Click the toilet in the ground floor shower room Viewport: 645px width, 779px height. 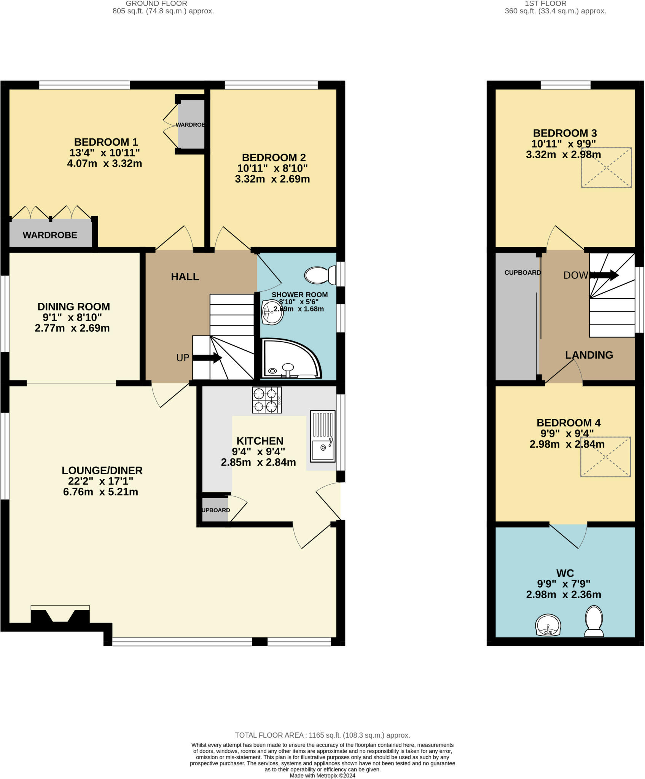(x=320, y=275)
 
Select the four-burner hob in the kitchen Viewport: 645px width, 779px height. (x=266, y=400)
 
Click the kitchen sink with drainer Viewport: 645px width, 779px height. (x=323, y=436)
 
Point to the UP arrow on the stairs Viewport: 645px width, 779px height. (x=207, y=358)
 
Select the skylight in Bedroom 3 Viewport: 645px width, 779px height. (x=606, y=168)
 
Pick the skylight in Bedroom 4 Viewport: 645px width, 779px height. (x=605, y=457)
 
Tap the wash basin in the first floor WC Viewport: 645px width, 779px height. (x=548, y=625)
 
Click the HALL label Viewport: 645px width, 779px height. (x=185, y=277)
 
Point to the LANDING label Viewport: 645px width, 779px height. (x=589, y=355)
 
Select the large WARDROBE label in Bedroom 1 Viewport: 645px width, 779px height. (x=50, y=235)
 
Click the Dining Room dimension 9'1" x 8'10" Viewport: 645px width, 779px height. (x=72, y=317)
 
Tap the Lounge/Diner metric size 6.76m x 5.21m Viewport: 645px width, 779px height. (x=100, y=492)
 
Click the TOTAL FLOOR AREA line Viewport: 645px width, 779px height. (x=322, y=735)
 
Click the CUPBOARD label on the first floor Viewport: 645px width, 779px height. (x=522, y=273)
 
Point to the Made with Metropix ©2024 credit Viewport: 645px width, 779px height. (x=322, y=776)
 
